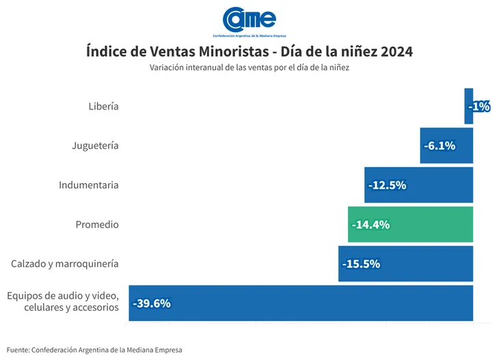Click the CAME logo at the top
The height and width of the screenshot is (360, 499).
coord(249,18)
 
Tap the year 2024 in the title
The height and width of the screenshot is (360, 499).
coord(396,52)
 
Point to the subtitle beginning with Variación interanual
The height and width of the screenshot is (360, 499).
coord(249,68)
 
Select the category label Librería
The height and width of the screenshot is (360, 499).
coord(103,106)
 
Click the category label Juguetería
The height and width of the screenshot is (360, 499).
coord(95,146)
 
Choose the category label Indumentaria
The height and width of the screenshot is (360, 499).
coord(89,185)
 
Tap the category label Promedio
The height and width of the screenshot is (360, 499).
coord(97,224)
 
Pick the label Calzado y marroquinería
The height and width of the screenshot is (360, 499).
coord(65,264)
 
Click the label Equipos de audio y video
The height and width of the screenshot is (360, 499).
coord(63,296)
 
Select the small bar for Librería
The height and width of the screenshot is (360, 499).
coord(468,106)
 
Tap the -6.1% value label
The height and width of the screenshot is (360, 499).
coord(440,146)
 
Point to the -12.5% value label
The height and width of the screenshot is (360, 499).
coord(387,185)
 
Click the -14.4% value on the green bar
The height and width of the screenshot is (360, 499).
coord(370,224)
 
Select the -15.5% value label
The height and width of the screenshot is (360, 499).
coord(361,264)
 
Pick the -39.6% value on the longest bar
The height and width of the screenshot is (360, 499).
coord(152,303)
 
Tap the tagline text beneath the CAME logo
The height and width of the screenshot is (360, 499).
coord(249,35)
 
